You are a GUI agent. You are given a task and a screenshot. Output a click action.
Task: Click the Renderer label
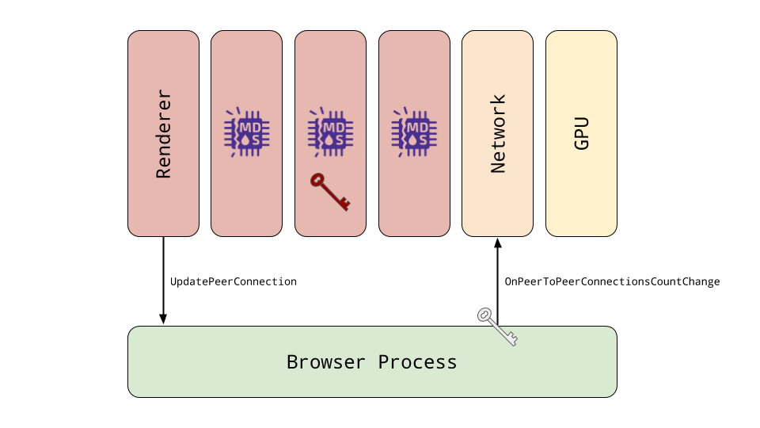tap(164, 133)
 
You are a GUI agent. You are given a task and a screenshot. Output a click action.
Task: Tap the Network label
tap(498, 133)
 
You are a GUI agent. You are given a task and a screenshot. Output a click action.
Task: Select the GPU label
tap(582, 133)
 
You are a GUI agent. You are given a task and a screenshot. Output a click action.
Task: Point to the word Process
tap(418, 362)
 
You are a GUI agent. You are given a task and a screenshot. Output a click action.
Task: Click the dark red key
tap(329, 191)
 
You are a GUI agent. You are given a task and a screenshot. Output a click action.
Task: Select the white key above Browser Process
tap(497, 327)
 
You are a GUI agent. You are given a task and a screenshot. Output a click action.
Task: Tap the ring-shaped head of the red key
tap(317, 180)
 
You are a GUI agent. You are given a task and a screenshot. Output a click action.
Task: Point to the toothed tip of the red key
tap(345, 206)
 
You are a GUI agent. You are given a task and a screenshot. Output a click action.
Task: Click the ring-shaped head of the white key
tap(484, 315)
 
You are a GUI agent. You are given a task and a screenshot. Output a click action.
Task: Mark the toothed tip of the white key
tap(513, 341)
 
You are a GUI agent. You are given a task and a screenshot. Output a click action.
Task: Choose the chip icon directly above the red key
tap(331, 132)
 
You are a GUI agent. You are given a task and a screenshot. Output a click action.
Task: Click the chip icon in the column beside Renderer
tap(247, 132)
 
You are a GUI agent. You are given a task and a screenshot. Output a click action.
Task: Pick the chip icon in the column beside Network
tap(414, 132)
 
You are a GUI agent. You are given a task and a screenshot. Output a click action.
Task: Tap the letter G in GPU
tap(582, 144)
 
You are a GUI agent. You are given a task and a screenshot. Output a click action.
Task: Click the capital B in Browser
tap(292, 362)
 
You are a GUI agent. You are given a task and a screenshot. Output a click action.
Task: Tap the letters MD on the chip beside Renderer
tap(250, 127)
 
